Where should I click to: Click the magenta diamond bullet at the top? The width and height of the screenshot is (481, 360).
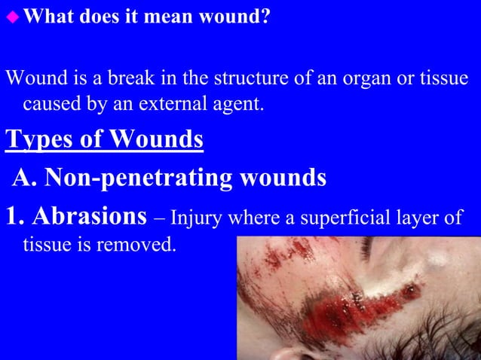14,16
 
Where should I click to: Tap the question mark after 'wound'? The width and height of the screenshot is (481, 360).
265,16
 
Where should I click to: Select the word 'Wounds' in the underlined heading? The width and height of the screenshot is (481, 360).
156,140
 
